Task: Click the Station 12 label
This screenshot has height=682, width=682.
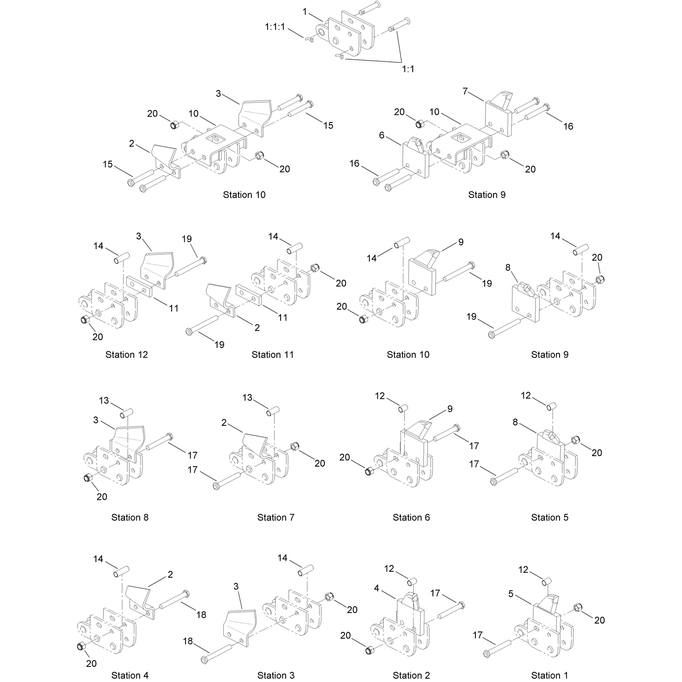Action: coord(127,355)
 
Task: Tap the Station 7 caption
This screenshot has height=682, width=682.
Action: coord(276,517)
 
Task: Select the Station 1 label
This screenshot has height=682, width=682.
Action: coord(549,675)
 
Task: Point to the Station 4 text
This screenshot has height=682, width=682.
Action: coord(130,675)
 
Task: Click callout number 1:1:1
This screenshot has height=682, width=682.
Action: coord(275,27)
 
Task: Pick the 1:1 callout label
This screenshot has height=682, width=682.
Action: coord(408,69)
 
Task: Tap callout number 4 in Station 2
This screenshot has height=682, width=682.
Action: coord(377,588)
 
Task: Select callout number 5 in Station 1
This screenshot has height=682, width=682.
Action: coord(511,594)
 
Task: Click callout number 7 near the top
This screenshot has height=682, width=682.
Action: coord(465,91)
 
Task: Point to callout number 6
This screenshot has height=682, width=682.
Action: coord(382,135)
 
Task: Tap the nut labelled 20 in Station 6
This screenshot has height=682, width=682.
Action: coord(368,471)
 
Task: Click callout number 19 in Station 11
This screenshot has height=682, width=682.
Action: coord(219,345)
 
